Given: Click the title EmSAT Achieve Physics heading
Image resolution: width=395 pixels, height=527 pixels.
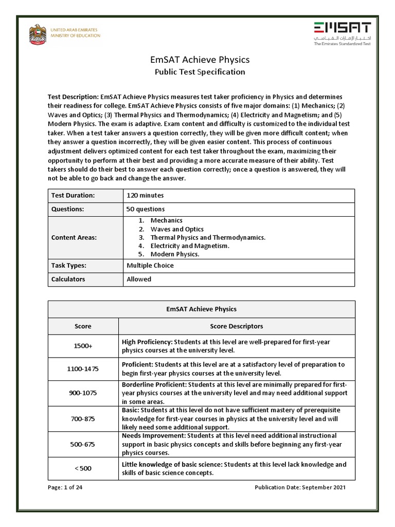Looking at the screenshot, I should (200, 60).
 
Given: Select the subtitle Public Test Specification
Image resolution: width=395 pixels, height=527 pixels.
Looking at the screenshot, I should (200, 72).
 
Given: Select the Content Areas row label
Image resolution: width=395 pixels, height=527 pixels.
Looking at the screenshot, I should (74, 238).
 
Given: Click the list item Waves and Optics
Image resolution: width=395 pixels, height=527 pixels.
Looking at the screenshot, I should (177, 229).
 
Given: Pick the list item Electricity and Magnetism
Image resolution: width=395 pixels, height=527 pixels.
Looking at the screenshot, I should (190, 246).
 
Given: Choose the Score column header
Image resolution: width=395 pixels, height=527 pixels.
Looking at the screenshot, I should (83, 326).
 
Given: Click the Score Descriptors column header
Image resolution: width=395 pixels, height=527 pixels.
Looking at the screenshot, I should (237, 326).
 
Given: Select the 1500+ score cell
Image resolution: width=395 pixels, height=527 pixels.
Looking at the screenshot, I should (83, 346).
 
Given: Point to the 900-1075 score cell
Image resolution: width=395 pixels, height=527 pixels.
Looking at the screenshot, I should (83, 393).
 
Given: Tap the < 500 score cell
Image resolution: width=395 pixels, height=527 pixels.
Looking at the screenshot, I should (83, 469).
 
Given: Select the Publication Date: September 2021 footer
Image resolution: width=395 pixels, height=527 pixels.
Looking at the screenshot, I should (300, 487).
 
